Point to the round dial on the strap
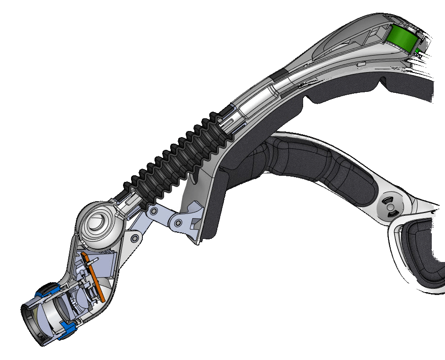390,205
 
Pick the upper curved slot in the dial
390,200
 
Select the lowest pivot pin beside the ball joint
135,237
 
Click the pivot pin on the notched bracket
178,222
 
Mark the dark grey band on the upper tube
279,75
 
